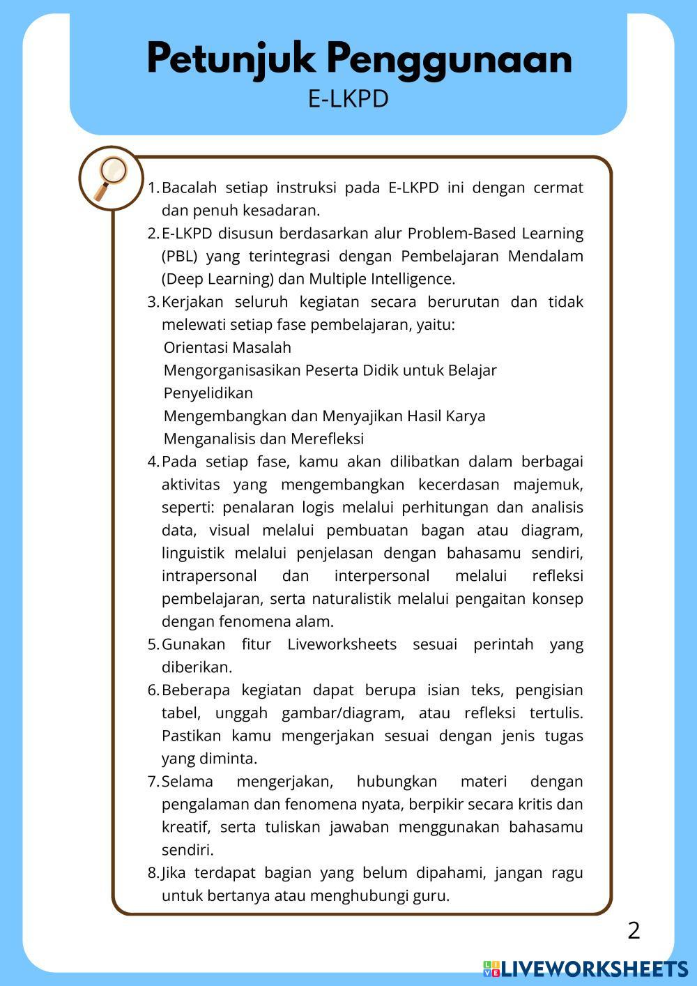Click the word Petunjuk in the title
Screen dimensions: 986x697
coord(230,59)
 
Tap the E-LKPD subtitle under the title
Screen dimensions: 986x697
coord(348,99)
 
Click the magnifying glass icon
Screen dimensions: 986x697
coord(111,178)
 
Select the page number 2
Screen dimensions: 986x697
coord(634,931)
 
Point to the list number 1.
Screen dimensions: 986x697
coord(153,188)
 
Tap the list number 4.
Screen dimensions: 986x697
coord(153,462)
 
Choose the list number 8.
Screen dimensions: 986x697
coord(153,873)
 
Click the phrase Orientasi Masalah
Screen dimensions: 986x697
coord(227,347)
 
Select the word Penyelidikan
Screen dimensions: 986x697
coord(208,393)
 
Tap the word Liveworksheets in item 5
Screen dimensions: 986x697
coord(342,644)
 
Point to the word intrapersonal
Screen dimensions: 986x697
coord(209,576)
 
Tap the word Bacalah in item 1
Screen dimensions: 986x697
coord(189,188)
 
